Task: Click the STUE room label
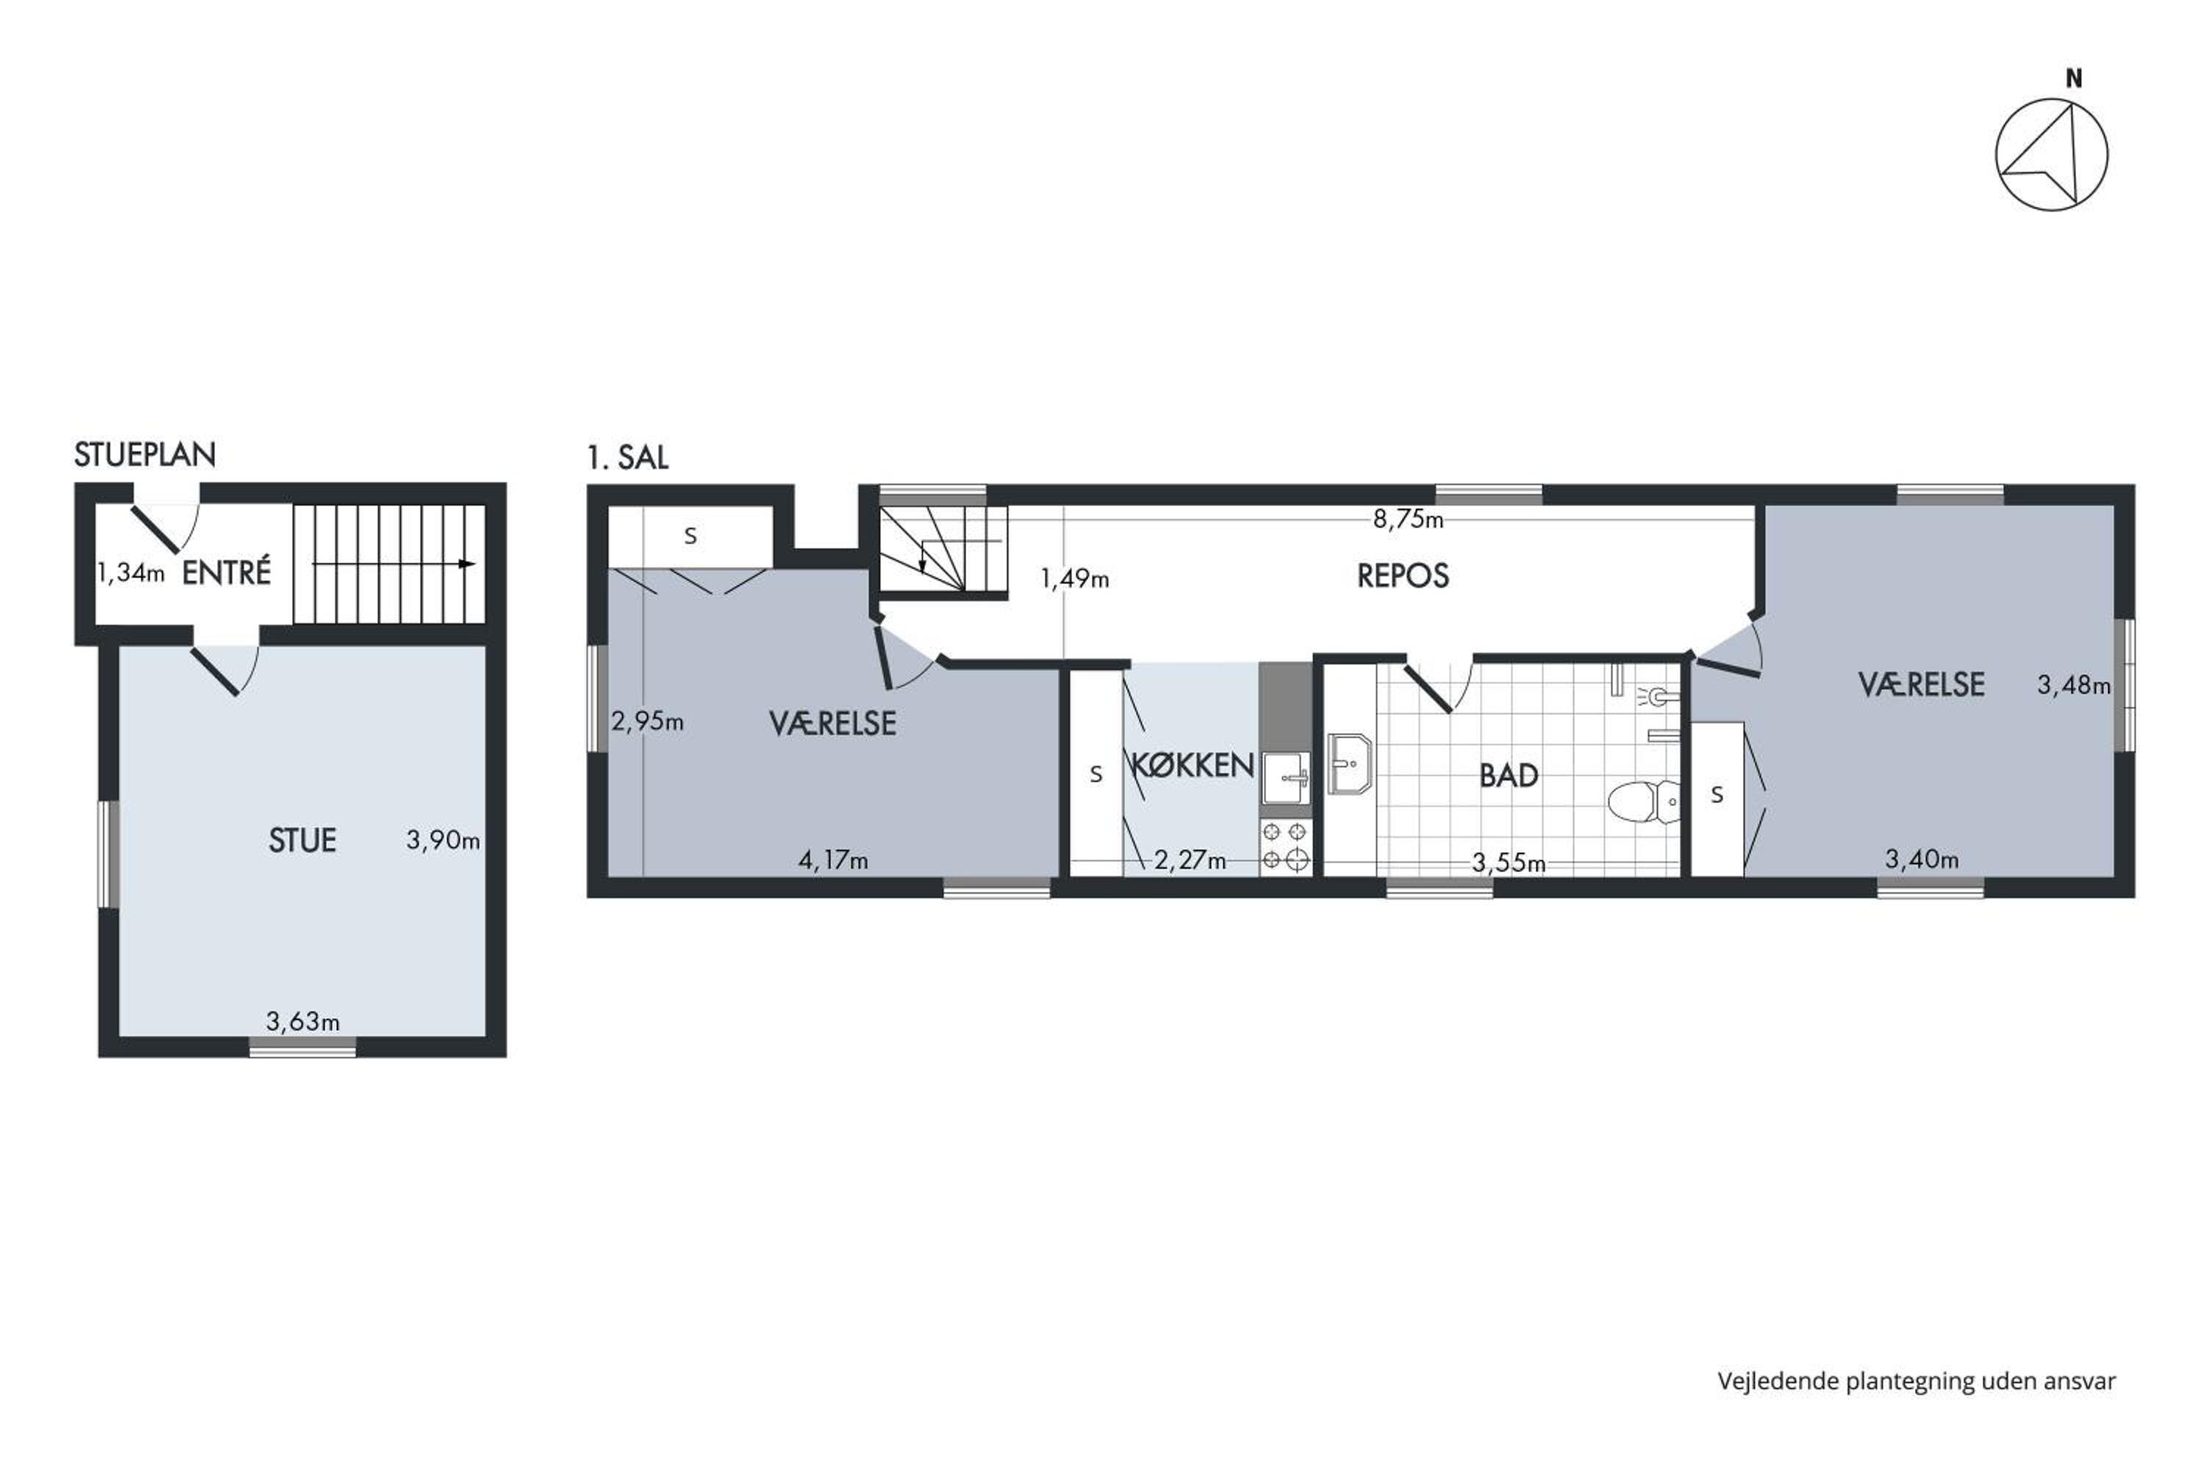[x=302, y=840]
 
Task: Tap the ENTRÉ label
[x=226, y=572]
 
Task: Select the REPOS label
[x=1402, y=576]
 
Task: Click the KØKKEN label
[x=1192, y=765]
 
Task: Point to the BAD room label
[x=1508, y=775]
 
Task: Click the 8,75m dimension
[x=1408, y=520]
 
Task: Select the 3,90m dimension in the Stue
[x=442, y=840]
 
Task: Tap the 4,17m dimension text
[x=833, y=860]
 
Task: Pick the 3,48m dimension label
[x=2073, y=685]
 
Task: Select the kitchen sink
[x=1286, y=777]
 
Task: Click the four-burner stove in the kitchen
[x=1286, y=847]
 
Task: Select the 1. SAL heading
[x=627, y=457]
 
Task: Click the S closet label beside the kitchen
[x=1096, y=775]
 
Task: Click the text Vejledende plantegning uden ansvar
[x=1916, y=1381]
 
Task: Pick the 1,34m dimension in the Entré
[x=132, y=573]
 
